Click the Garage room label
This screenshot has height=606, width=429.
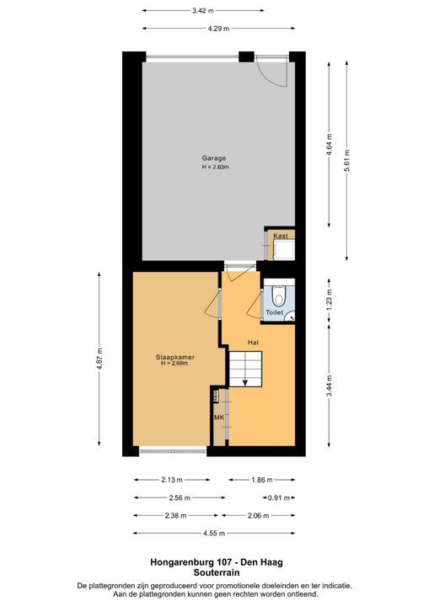click(213, 157)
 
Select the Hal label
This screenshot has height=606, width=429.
click(252, 342)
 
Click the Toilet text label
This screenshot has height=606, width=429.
click(275, 312)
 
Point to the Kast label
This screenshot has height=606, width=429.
click(280, 236)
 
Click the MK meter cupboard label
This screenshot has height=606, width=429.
click(218, 417)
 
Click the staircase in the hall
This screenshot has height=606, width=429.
click(245, 368)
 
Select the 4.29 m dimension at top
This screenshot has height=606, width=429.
click(221, 29)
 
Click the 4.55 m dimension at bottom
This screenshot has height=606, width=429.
click(213, 533)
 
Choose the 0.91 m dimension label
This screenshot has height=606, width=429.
click(279, 497)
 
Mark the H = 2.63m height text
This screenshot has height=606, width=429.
click(215, 167)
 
